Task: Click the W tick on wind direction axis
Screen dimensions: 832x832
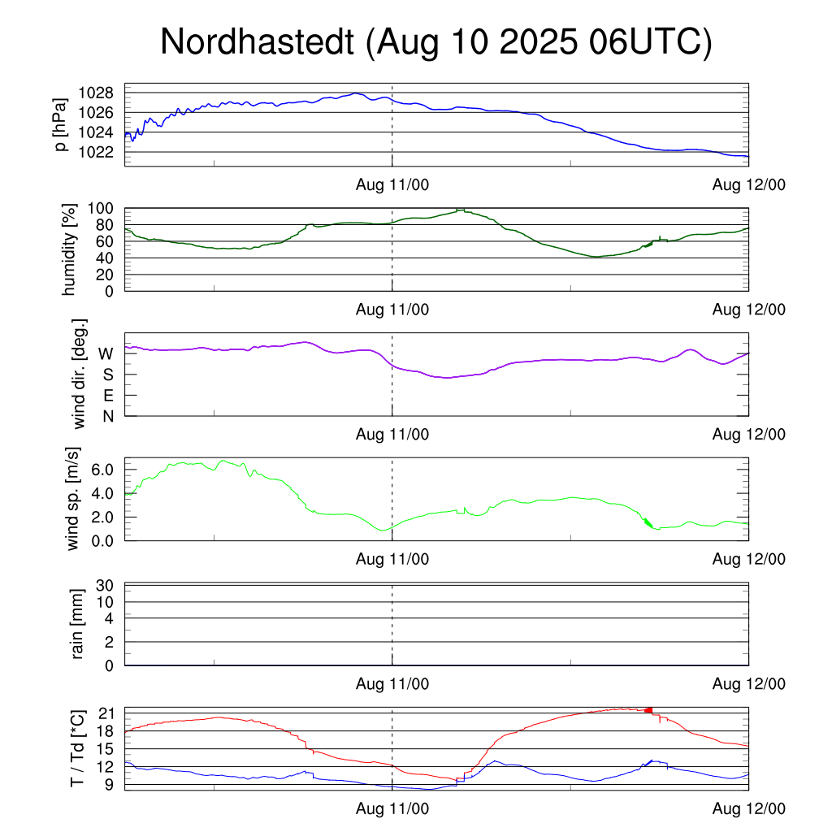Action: tap(106, 353)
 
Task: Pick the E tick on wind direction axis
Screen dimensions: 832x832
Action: tap(106, 396)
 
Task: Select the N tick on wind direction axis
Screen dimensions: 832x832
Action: tap(106, 416)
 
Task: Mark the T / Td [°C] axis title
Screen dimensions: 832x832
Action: tap(78, 748)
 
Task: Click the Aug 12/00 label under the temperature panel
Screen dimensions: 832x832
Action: tap(748, 809)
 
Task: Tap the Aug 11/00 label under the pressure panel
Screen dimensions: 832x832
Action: tap(392, 184)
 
